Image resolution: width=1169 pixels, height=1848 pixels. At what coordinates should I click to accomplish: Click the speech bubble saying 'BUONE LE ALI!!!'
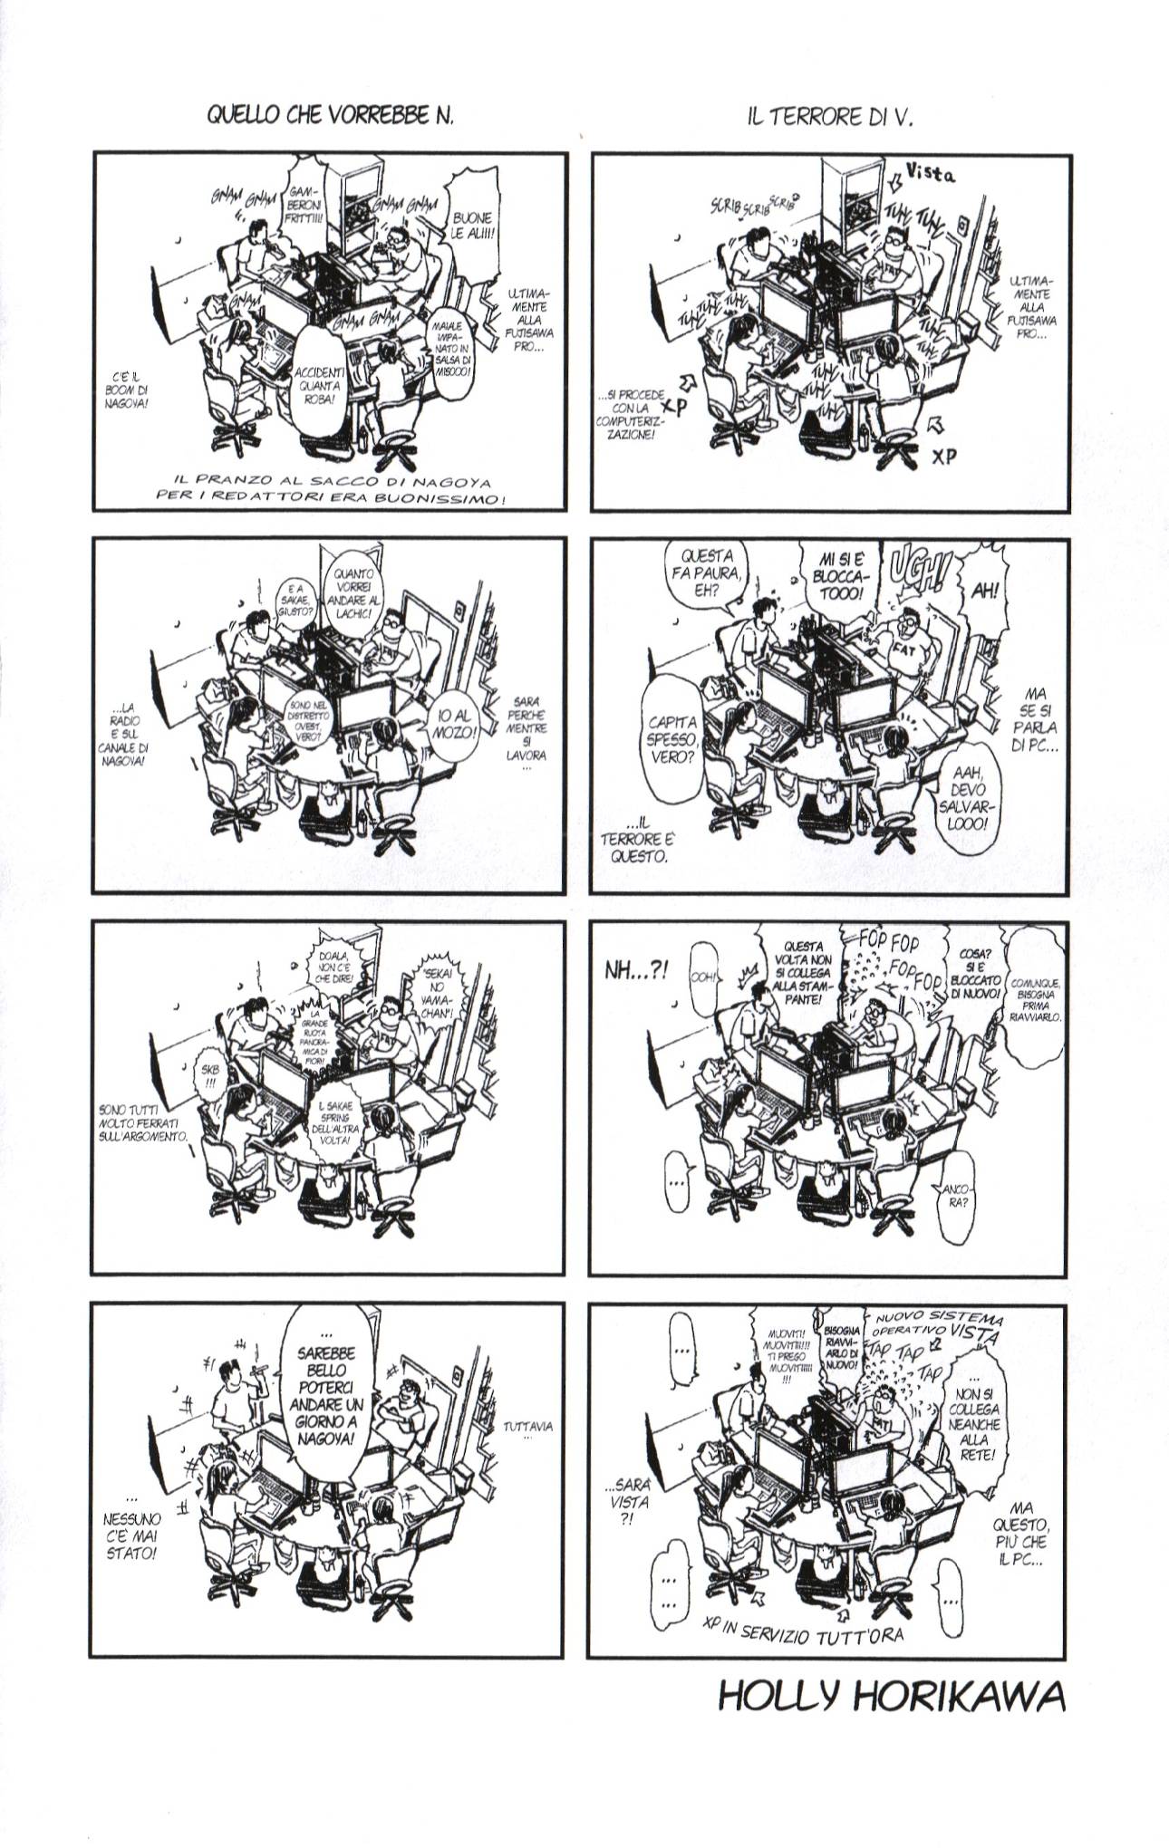(x=472, y=225)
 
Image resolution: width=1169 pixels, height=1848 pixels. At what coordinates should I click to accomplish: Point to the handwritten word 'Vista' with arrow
(x=930, y=176)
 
